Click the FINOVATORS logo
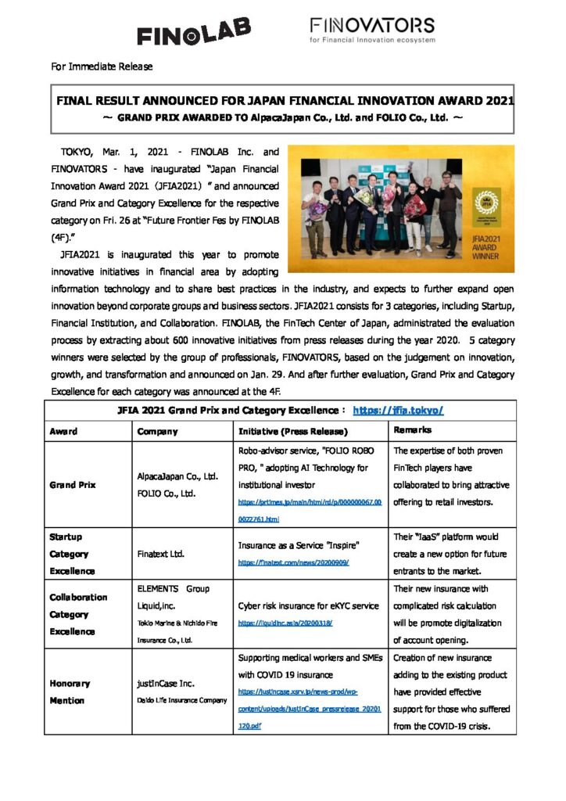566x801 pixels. (x=372, y=30)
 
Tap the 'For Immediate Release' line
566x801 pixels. (x=102, y=66)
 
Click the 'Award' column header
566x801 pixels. (x=63, y=431)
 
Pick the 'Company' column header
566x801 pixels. (x=157, y=431)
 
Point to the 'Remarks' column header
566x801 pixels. (x=412, y=430)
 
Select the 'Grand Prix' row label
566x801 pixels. (x=73, y=484)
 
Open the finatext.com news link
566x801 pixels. (x=293, y=562)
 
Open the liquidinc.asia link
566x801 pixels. (x=285, y=623)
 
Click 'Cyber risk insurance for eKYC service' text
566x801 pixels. (x=308, y=605)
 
